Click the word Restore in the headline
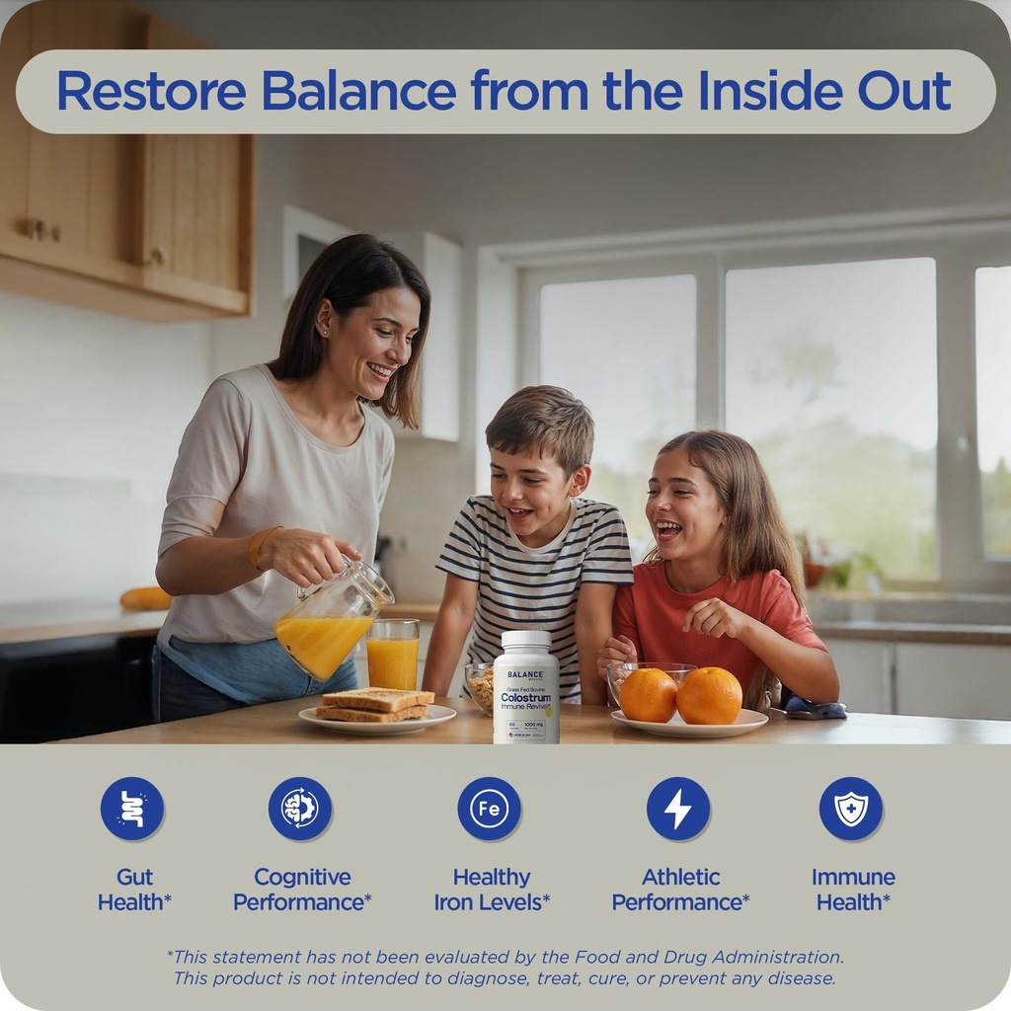[x=151, y=91]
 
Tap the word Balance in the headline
[x=358, y=91]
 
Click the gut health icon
[x=132, y=809]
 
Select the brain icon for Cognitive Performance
[x=300, y=809]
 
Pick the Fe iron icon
[x=489, y=809]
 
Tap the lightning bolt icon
[x=678, y=809]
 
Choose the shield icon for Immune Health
[x=851, y=809]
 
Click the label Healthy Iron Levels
[x=492, y=889]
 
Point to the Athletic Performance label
[x=680, y=889]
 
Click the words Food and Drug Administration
[x=729, y=957]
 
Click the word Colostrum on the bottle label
[x=525, y=698]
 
